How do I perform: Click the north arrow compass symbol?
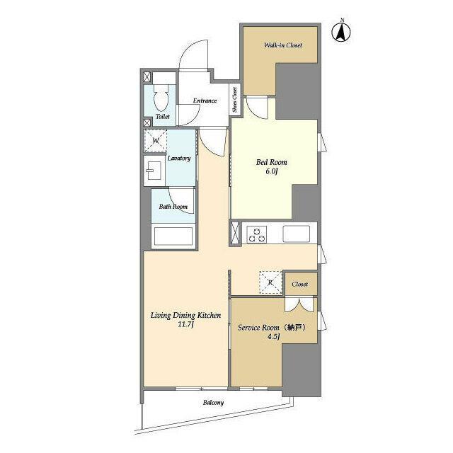(341, 31)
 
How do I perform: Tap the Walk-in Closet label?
(283, 45)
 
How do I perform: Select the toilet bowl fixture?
(161, 98)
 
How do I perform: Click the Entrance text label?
(205, 101)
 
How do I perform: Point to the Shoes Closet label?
(235, 100)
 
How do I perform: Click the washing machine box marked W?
(156, 141)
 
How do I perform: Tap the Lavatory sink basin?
(153, 171)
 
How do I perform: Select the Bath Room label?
(173, 206)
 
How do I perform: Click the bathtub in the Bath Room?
(173, 236)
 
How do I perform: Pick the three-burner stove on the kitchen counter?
(257, 234)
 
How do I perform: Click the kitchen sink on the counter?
(296, 234)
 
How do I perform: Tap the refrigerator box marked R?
(270, 282)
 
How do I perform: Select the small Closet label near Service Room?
(300, 284)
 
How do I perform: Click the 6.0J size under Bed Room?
(272, 171)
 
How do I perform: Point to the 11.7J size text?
(185, 324)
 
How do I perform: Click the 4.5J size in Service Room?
(273, 337)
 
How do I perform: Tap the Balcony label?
(213, 403)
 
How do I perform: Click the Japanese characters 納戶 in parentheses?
(295, 327)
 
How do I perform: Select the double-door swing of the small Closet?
(299, 305)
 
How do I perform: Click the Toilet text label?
(163, 116)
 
